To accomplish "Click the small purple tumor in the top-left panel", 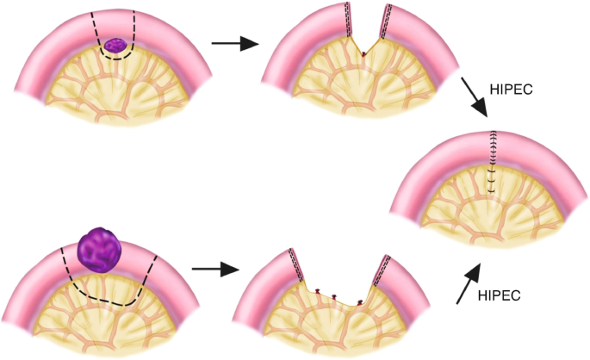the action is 116,44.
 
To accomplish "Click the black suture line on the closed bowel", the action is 492,159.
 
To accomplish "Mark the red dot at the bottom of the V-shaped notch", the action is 364,54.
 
